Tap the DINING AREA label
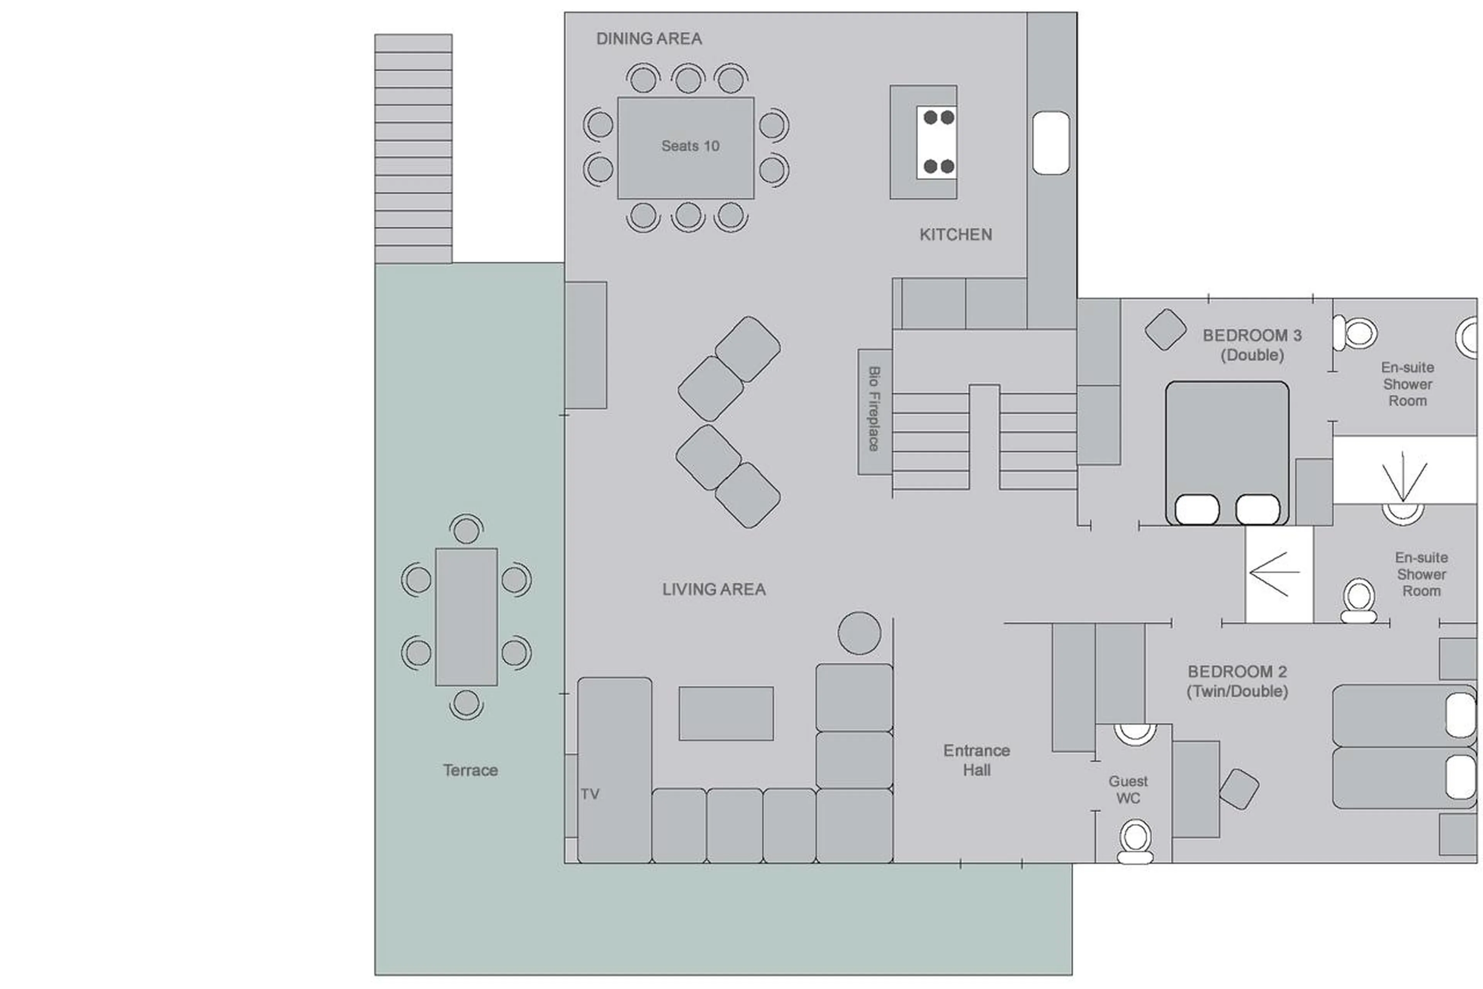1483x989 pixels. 648,39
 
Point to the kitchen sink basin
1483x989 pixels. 1050,143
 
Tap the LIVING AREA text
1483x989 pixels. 713,589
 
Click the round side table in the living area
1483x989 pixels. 859,633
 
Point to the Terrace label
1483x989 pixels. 470,770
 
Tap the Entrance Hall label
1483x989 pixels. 976,760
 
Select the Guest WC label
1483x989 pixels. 1128,790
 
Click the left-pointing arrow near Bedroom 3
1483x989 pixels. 1274,574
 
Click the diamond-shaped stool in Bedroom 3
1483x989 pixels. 1165,329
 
